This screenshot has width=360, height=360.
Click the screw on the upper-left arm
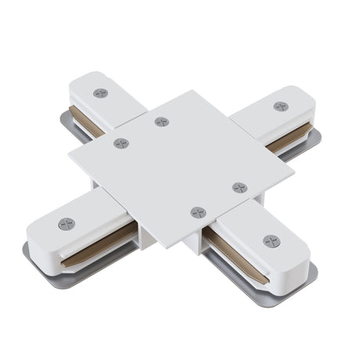coord(99,93)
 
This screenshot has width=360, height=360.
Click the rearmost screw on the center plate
coord(160,122)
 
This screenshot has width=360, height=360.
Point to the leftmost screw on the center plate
coord(121,143)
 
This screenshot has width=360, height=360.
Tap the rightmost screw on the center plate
coord(239,187)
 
